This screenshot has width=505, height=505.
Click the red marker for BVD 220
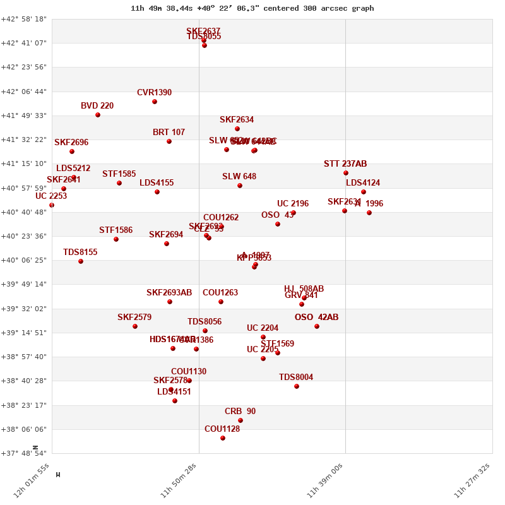[x=98, y=115]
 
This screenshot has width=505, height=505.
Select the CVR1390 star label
[x=154, y=93]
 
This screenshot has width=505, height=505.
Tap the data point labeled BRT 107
[x=169, y=141]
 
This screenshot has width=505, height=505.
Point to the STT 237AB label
[x=345, y=164]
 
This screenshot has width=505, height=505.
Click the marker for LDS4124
[x=364, y=192]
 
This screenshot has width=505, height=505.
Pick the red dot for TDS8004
[x=297, y=386]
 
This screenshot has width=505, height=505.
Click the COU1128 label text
[x=222, y=429]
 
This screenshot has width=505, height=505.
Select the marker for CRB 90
[x=241, y=420]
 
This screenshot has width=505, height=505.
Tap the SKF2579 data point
[x=135, y=326]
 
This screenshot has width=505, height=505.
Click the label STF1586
[x=116, y=230]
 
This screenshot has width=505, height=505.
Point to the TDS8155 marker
[x=81, y=261]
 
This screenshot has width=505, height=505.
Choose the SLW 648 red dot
[x=240, y=186]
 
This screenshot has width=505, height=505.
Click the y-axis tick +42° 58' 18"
[x=23, y=19]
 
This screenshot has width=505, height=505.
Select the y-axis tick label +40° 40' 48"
[x=23, y=212]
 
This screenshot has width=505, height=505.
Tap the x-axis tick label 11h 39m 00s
[x=325, y=484]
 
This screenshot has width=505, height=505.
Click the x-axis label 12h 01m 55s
[x=32, y=484]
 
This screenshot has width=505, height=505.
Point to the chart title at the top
[x=252, y=8]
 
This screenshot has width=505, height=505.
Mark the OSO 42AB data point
[x=317, y=326]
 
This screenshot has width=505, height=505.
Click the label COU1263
[x=220, y=293]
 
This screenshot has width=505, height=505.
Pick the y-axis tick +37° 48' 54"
[x=23, y=453]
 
